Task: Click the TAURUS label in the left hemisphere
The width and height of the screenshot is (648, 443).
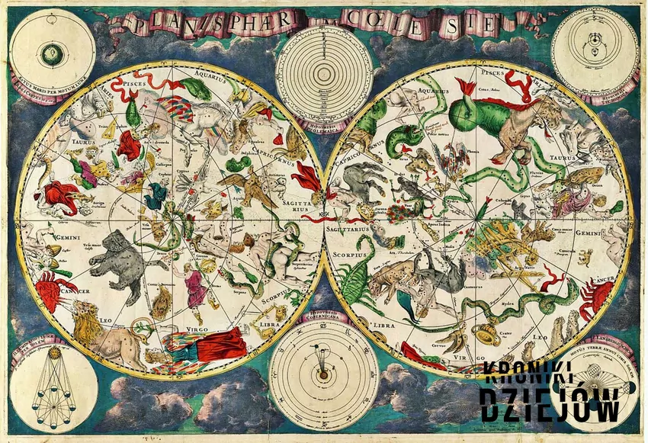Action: (x=54, y=142)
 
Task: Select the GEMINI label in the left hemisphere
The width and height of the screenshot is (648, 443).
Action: (x=47, y=236)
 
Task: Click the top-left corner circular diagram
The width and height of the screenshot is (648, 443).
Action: (x=50, y=53)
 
